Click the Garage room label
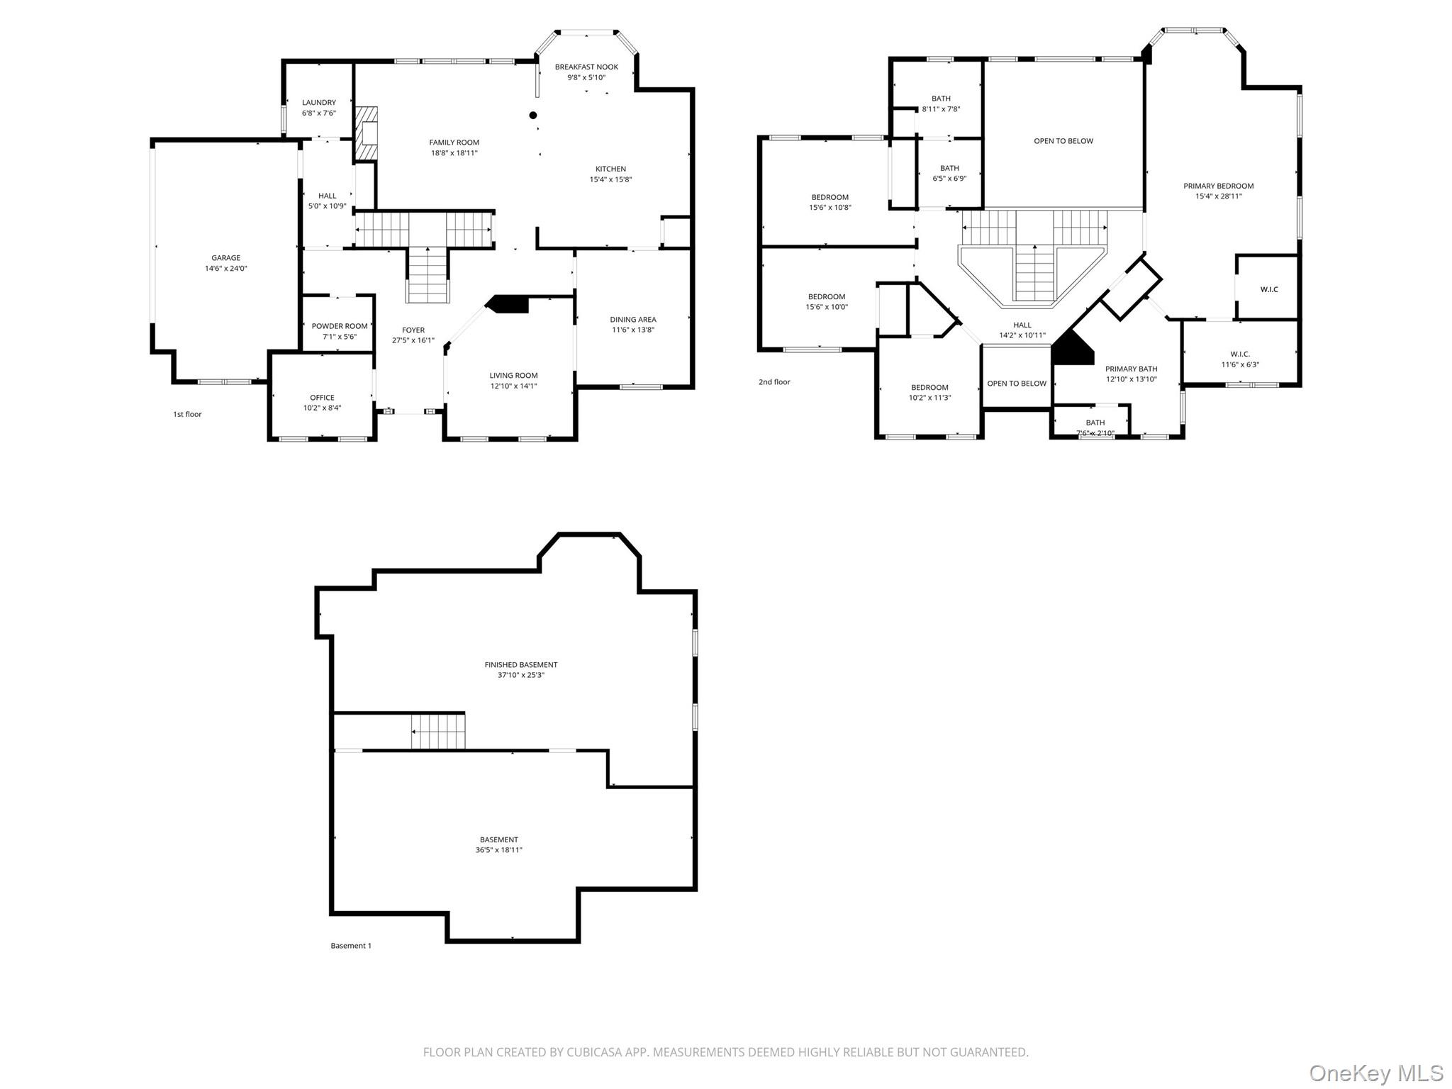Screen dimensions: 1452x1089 (x=225, y=258)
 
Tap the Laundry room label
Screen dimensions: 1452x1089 (x=319, y=103)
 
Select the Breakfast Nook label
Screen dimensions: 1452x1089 (x=586, y=67)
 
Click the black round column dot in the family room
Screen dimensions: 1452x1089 (x=533, y=116)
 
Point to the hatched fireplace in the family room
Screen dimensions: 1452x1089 (x=367, y=134)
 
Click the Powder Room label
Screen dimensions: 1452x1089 (x=340, y=327)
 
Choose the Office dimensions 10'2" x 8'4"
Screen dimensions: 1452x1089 (x=322, y=408)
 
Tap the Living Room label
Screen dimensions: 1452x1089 (x=513, y=376)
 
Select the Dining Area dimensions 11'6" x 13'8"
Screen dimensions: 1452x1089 (x=633, y=330)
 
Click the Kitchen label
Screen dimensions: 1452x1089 (x=610, y=169)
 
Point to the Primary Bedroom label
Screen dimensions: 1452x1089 (x=1218, y=186)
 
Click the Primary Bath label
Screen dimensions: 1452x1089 (x=1131, y=369)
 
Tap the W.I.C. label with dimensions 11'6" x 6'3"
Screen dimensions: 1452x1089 (x=1240, y=354)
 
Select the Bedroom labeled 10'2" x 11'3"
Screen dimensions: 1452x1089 (x=929, y=388)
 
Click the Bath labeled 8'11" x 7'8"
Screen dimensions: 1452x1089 (x=941, y=99)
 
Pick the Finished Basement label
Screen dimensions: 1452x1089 (x=521, y=665)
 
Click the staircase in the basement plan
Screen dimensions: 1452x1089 (x=438, y=732)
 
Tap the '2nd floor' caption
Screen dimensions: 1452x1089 (x=774, y=382)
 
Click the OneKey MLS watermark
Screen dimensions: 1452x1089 (x=1376, y=1073)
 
